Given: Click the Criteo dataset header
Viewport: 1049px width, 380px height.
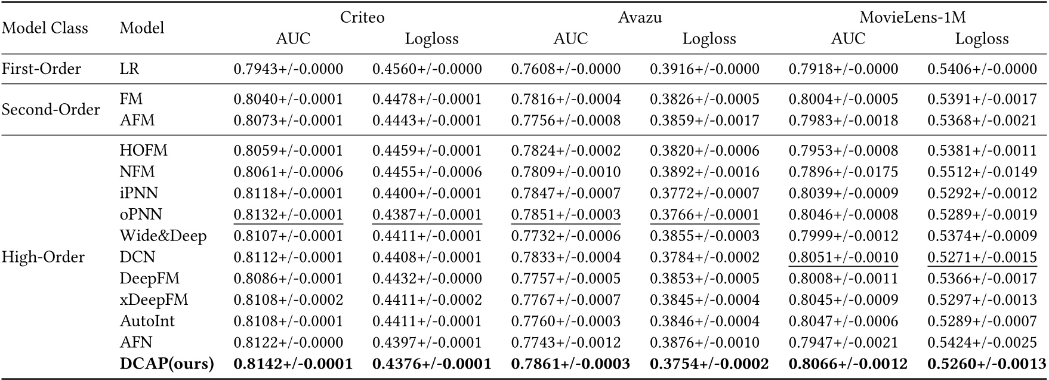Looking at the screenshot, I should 362,17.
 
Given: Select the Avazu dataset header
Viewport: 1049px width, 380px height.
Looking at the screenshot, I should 640,17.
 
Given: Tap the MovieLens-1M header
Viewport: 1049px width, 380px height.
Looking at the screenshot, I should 912,17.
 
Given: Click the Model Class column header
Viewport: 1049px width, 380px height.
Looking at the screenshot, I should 45,28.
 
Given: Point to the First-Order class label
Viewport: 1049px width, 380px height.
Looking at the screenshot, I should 41,69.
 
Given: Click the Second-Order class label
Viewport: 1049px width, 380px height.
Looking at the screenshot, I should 51,110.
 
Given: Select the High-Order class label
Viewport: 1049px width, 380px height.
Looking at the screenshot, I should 43,257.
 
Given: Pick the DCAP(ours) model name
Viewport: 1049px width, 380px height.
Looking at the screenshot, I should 166,364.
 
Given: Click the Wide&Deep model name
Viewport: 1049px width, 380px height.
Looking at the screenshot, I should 163,236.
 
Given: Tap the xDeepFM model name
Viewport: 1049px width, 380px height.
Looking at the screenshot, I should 154,300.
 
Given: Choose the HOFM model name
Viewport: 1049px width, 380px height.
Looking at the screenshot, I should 143,151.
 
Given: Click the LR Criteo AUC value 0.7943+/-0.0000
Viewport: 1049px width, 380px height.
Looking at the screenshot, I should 288,69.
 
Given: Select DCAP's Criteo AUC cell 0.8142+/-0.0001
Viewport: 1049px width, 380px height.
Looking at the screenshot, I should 293,364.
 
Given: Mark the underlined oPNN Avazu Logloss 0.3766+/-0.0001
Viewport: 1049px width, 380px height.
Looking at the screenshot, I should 704,215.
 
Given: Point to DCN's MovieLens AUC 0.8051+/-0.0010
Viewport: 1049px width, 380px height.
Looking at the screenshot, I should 843,257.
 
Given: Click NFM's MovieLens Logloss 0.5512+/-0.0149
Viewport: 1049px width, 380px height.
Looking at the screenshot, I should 982,172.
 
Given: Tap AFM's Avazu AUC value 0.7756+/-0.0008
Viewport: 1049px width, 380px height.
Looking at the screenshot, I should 566,121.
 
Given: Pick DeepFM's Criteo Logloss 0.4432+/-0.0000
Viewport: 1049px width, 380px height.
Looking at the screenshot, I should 427,279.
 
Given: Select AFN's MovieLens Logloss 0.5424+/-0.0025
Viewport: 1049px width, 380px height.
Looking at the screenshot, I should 982,342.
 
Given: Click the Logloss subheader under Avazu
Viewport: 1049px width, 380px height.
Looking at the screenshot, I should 709,39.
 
